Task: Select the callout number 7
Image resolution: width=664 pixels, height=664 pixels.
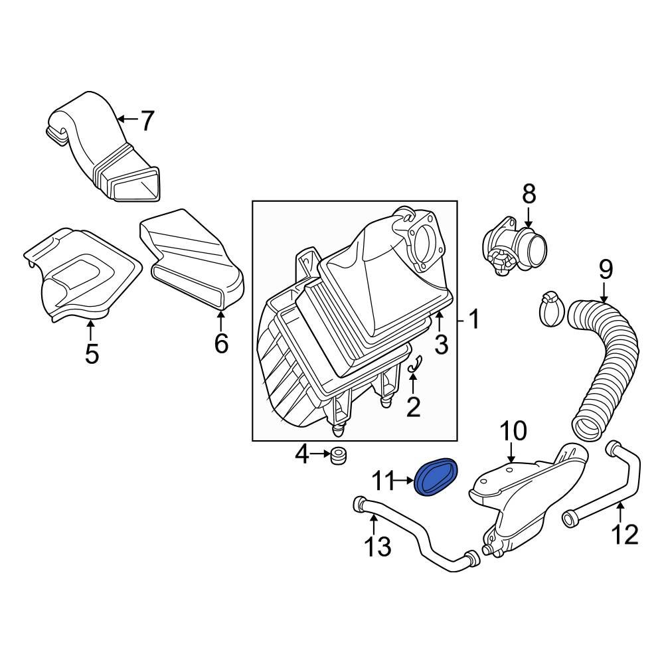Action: tap(146, 121)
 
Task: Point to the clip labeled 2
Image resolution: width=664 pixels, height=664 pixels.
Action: tap(416, 363)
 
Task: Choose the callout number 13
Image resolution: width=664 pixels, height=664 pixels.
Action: tap(376, 547)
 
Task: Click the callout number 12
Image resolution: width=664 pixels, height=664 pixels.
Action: tap(625, 533)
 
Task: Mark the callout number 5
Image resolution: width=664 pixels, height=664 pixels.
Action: tap(92, 353)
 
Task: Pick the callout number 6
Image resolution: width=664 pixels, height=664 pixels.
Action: tap(220, 343)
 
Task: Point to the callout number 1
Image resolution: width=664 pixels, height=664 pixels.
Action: tap(473, 321)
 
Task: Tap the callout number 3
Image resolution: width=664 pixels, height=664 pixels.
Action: tap(441, 344)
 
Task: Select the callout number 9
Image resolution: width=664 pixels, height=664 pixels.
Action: tap(605, 269)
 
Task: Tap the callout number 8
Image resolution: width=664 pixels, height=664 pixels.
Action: tap(529, 194)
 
